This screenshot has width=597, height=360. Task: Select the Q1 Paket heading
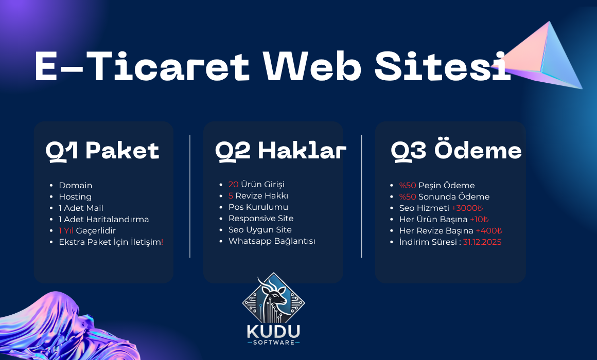[102, 151]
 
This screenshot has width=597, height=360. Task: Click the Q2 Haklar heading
[280, 151]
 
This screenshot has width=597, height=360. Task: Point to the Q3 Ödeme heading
[456, 150]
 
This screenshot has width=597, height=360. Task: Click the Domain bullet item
[75, 185]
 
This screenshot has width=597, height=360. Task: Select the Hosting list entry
[75, 197]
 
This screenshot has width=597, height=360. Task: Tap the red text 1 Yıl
[66, 230]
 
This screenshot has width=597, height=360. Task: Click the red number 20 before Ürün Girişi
[233, 184]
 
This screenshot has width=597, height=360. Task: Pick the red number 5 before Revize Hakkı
[231, 195]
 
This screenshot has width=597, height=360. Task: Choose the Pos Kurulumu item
[258, 207]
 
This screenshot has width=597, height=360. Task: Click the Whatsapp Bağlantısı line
[272, 241]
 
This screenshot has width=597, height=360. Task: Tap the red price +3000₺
[467, 208]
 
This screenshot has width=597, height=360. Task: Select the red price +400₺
[489, 230]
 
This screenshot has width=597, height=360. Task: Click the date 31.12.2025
[482, 242]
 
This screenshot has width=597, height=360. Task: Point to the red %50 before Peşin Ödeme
[408, 185]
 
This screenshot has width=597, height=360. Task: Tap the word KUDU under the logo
[273, 331]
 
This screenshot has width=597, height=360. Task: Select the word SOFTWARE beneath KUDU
[274, 343]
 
